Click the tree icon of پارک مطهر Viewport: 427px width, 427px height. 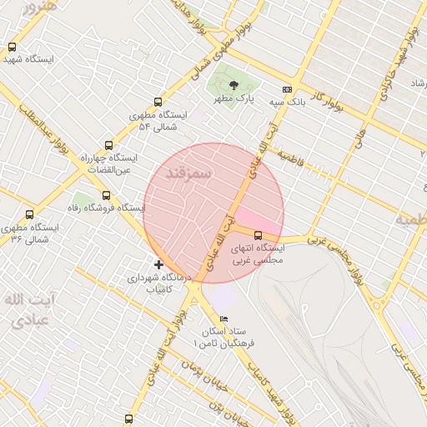tap(234, 85)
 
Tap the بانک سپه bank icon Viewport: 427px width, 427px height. tap(288, 89)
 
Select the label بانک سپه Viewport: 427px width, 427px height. tap(284, 102)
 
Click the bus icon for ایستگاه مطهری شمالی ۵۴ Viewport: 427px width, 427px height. tap(158, 103)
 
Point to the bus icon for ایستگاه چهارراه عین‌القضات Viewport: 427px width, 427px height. tap(108, 144)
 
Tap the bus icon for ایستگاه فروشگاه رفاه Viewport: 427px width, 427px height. tap(106, 195)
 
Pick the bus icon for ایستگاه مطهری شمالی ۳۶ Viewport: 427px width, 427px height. tap(30, 214)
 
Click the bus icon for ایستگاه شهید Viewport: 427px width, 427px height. tap(12, 48)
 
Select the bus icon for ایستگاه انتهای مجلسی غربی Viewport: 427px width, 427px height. tap(257, 235)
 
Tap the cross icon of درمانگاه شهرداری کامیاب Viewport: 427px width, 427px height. tap(158, 264)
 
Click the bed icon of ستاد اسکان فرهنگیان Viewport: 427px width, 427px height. tap(223, 319)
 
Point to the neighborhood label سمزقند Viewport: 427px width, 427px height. tap(192, 171)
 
